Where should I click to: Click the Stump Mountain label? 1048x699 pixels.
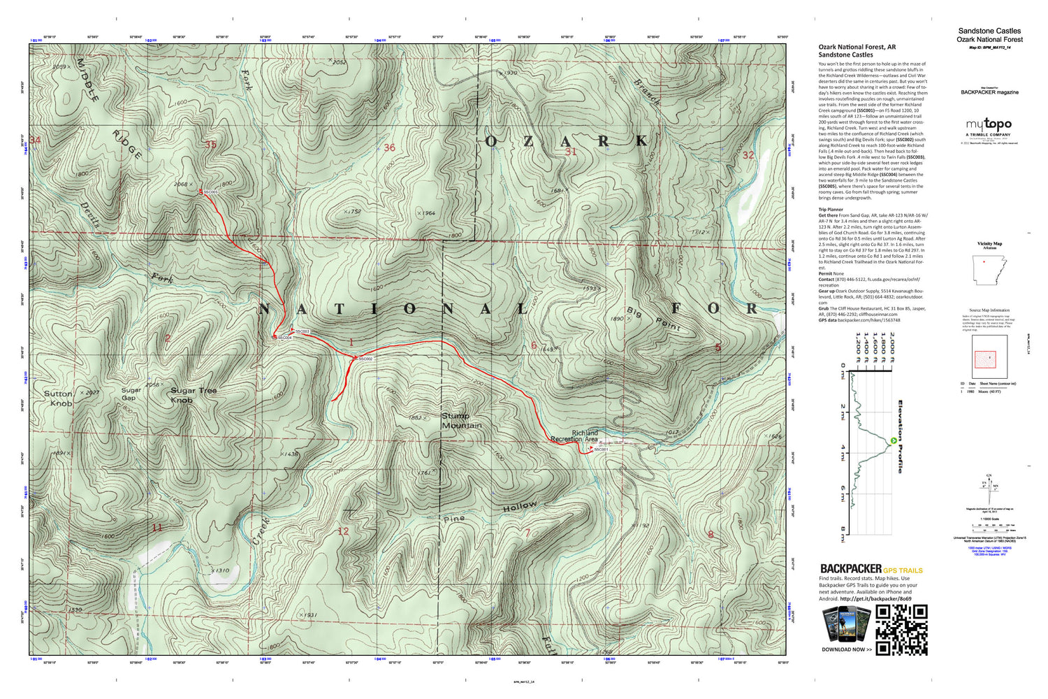click(461, 421)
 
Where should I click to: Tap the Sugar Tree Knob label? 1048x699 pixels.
click(193, 395)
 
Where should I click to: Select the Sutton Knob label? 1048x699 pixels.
click(59, 398)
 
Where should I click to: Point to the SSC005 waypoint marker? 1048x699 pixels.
click(201, 191)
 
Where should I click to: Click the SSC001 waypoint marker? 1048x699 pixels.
click(590, 449)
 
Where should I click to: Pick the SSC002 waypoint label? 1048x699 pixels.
click(365, 359)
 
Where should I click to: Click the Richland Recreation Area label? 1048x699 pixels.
click(575, 436)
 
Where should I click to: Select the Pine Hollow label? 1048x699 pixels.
click(489, 512)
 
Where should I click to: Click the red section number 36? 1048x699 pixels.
click(389, 147)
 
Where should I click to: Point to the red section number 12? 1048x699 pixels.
click(343, 531)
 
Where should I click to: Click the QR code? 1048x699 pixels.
click(901, 630)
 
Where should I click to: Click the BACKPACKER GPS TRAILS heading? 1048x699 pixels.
click(871, 569)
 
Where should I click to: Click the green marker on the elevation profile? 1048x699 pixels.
click(893, 440)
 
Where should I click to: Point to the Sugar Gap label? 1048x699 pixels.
click(131, 394)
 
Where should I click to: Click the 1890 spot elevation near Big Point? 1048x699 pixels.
click(617, 319)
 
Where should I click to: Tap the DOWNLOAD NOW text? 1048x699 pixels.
click(846, 649)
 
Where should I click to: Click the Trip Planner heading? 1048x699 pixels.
click(831, 210)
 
